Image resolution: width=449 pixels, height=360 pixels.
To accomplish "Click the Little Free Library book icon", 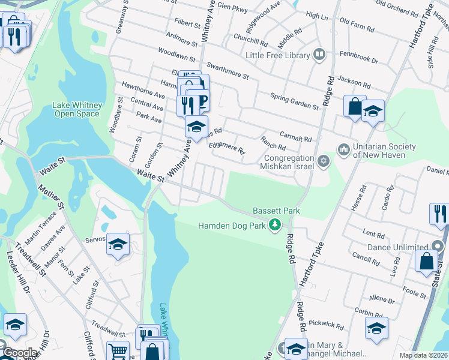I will [319, 55].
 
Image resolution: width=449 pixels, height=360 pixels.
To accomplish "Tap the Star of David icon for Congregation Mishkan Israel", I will [324, 161].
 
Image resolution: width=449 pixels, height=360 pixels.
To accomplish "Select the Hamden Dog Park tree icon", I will [276, 225].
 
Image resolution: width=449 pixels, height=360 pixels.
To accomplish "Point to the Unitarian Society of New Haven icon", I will [344, 148].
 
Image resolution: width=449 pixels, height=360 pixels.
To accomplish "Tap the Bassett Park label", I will [276, 211].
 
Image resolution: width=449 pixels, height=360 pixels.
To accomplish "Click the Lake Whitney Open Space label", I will [77, 109].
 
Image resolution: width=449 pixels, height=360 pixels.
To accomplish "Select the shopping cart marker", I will [118, 351].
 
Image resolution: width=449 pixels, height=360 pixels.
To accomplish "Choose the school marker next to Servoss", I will [118, 244].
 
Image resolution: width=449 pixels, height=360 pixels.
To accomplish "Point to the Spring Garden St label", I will [294, 100].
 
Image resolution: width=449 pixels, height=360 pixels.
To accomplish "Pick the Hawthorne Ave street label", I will [143, 91].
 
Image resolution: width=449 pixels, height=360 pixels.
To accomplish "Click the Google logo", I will [20, 353].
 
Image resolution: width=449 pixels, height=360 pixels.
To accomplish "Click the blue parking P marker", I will [202, 100].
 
